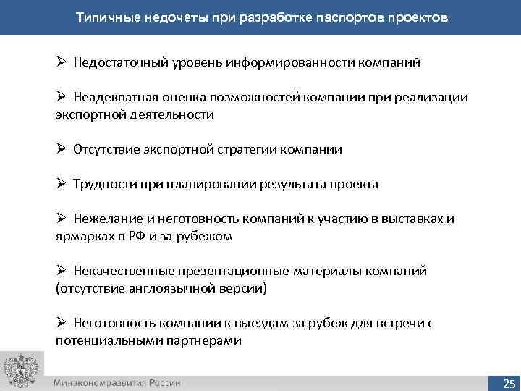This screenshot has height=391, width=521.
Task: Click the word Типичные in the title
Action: [108, 17]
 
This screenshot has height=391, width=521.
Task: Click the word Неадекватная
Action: [111, 98]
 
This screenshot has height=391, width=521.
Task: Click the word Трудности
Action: [102, 184]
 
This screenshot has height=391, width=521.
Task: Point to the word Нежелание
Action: [103, 219]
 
